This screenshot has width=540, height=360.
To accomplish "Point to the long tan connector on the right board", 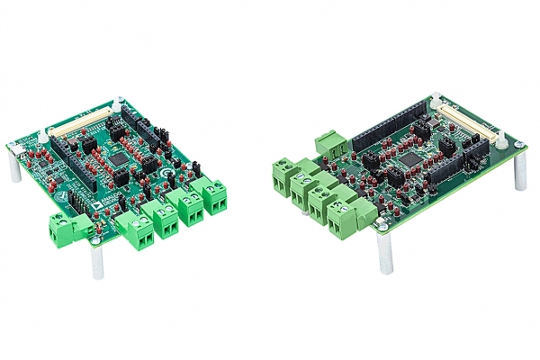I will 473,131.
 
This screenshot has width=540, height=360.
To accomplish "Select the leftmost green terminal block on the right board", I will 287,176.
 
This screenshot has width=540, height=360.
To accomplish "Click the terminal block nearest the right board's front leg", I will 344,219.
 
